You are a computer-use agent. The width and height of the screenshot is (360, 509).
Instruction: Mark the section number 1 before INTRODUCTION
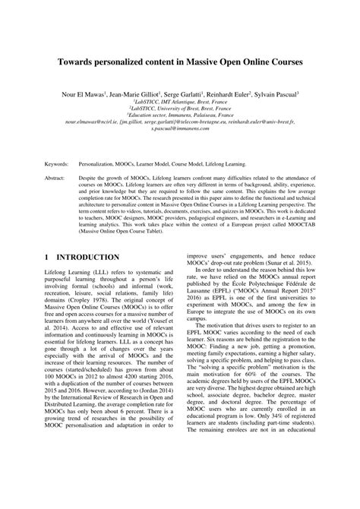tap(47, 258)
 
